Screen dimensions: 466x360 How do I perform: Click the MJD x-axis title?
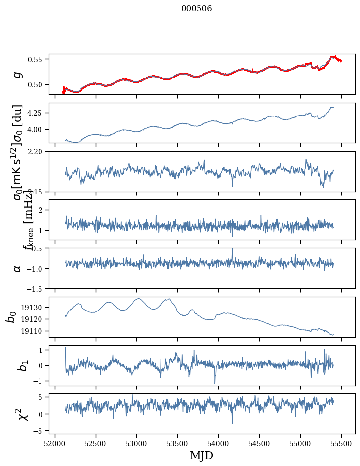click(202, 456)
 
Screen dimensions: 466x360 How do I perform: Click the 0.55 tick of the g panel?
click(37, 59)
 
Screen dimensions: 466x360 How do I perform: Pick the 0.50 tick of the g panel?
click(37, 84)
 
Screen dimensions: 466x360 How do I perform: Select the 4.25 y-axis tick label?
click(37, 113)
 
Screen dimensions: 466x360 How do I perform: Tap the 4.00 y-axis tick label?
click(37, 129)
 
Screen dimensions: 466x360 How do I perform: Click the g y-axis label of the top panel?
click(17, 74)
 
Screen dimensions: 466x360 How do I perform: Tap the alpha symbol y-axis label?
click(17, 268)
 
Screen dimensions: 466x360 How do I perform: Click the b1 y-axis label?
click(17, 365)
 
